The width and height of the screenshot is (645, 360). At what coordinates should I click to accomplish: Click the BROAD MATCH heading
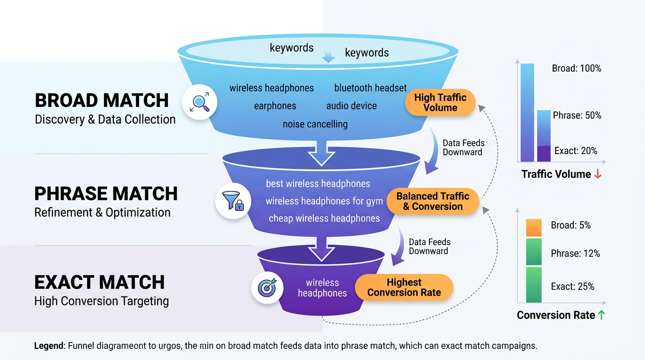tap(102, 100)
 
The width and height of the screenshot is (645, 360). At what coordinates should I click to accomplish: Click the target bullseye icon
tap(267, 287)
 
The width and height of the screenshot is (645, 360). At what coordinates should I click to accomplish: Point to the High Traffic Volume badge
tap(440, 103)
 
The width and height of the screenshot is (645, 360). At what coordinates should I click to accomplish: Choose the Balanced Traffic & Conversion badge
tap(433, 201)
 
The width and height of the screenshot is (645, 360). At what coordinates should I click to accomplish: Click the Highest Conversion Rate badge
tap(404, 287)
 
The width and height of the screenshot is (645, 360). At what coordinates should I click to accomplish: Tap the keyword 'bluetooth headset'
tap(370, 88)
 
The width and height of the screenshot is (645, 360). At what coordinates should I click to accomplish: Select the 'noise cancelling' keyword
tap(315, 124)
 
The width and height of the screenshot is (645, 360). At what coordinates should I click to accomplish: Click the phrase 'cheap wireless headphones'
tap(324, 218)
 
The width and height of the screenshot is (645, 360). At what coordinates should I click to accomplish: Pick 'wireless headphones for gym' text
tap(324, 201)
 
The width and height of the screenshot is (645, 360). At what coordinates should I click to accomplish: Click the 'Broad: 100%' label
tap(576, 68)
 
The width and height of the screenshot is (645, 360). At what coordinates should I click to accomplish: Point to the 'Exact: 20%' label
tap(576, 151)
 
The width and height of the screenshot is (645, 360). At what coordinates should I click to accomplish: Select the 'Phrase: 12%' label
tap(575, 254)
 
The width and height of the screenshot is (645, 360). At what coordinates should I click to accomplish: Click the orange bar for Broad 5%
tap(533, 227)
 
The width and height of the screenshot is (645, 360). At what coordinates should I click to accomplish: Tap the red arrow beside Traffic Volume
tap(598, 174)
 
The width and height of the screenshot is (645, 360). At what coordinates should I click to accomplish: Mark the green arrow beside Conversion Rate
tap(601, 315)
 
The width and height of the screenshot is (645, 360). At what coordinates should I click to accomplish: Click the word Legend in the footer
tap(49, 346)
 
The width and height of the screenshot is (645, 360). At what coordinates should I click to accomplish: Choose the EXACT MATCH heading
tap(99, 282)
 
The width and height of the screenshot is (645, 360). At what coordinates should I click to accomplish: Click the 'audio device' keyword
tap(351, 106)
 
